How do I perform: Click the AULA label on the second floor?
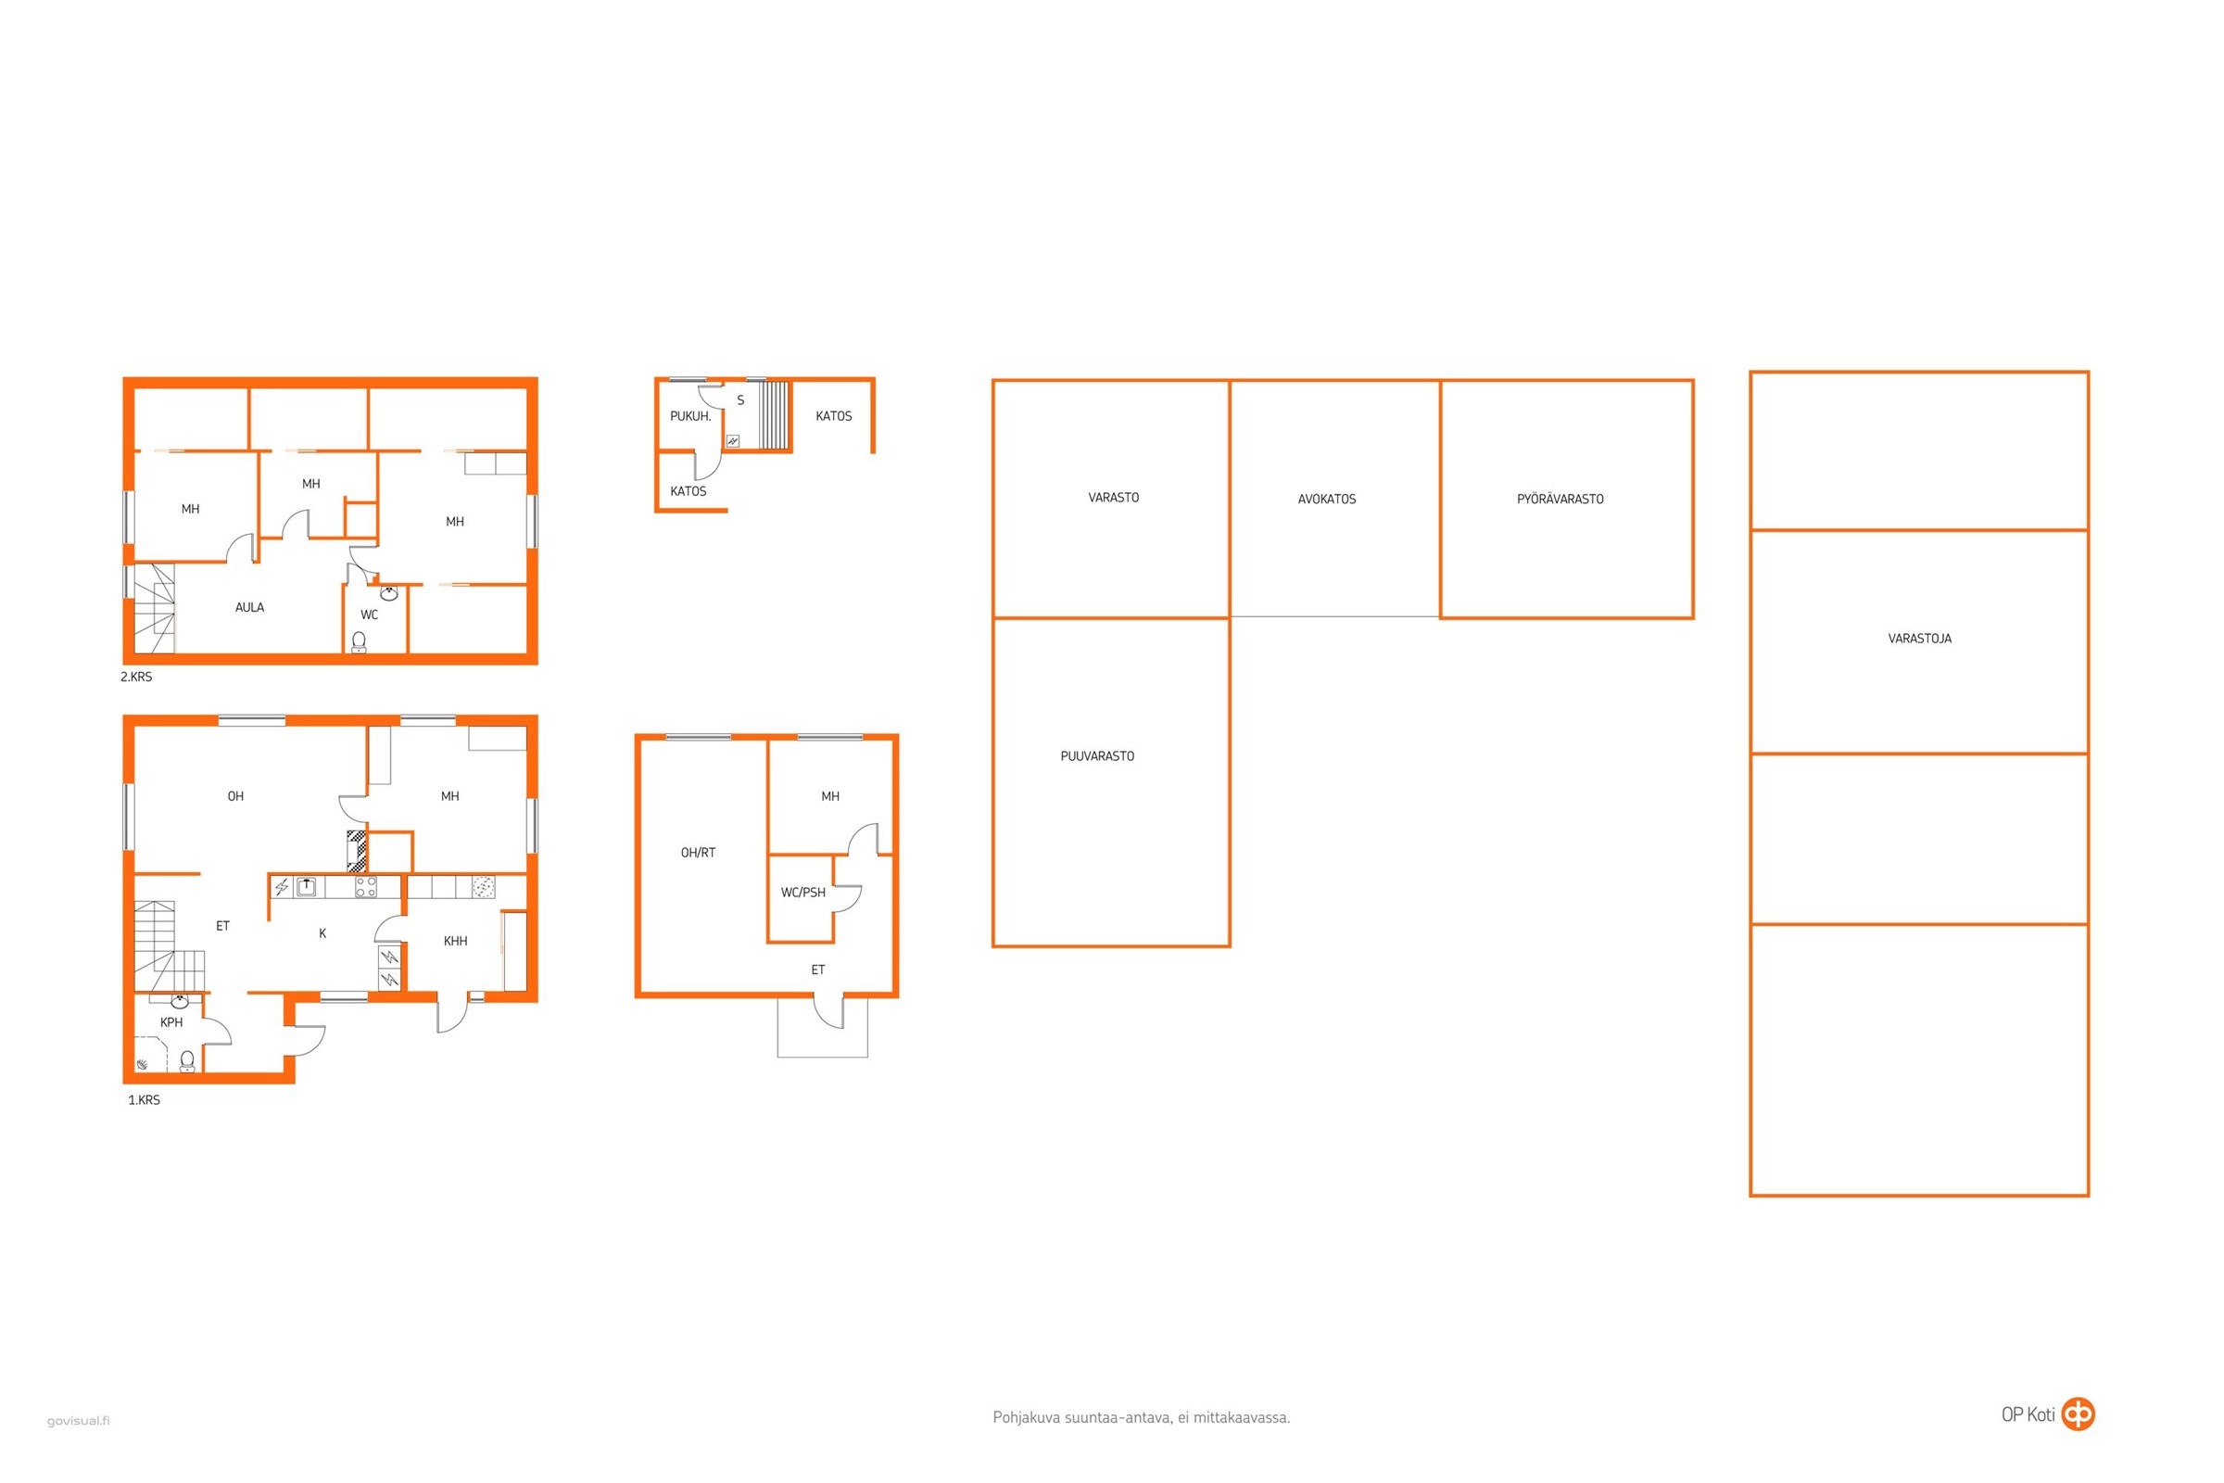pyautogui.click(x=249, y=607)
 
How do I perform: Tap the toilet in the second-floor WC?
pyautogui.click(x=360, y=642)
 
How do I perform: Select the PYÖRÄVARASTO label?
pyautogui.click(x=1561, y=499)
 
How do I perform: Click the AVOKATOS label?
pyautogui.click(x=1327, y=499)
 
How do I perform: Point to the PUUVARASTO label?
pyautogui.click(x=1097, y=755)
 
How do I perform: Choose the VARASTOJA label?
pyautogui.click(x=1919, y=639)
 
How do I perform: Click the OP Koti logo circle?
pyautogui.click(x=2079, y=1414)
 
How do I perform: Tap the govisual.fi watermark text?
pyautogui.click(x=79, y=1421)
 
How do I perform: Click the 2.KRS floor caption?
pyautogui.click(x=136, y=677)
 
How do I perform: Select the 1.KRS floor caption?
pyautogui.click(x=144, y=1100)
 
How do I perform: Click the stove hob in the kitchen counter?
pyautogui.click(x=366, y=886)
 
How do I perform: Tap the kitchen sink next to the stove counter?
pyautogui.click(x=307, y=886)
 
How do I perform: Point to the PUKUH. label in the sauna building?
pyautogui.click(x=690, y=416)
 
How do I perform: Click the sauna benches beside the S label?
pyautogui.click(x=776, y=415)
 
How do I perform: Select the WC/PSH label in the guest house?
pyautogui.click(x=802, y=892)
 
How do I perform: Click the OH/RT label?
pyautogui.click(x=698, y=852)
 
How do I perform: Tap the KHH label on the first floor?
pyautogui.click(x=456, y=941)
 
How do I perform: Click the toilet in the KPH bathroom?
pyautogui.click(x=187, y=1061)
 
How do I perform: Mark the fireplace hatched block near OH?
pyautogui.click(x=357, y=851)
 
